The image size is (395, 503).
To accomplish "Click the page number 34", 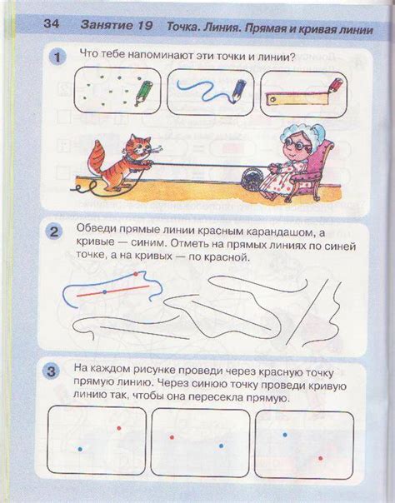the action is (51, 23).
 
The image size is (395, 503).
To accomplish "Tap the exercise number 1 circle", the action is (57, 57).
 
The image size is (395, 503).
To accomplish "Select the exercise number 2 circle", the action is (53, 232).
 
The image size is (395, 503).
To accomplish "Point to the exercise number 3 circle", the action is (51, 371).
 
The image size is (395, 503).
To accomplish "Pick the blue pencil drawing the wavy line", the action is (238, 92).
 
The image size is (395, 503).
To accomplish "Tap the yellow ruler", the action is (297, 99).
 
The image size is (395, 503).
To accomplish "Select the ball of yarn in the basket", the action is (252, 180).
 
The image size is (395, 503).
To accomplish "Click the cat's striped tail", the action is (97, 157).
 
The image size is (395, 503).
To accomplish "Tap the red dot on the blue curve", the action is (135, 274).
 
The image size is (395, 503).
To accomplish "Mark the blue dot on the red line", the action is (105, 292).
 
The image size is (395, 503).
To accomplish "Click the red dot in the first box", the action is (119, 428).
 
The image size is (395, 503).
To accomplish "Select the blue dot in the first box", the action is (80, 449).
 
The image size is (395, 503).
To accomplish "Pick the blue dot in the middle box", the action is (221, 446).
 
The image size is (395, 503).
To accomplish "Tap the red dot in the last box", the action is (320, 458).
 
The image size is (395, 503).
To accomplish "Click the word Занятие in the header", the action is (106, 25).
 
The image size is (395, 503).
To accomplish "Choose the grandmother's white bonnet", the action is (300, 132).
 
